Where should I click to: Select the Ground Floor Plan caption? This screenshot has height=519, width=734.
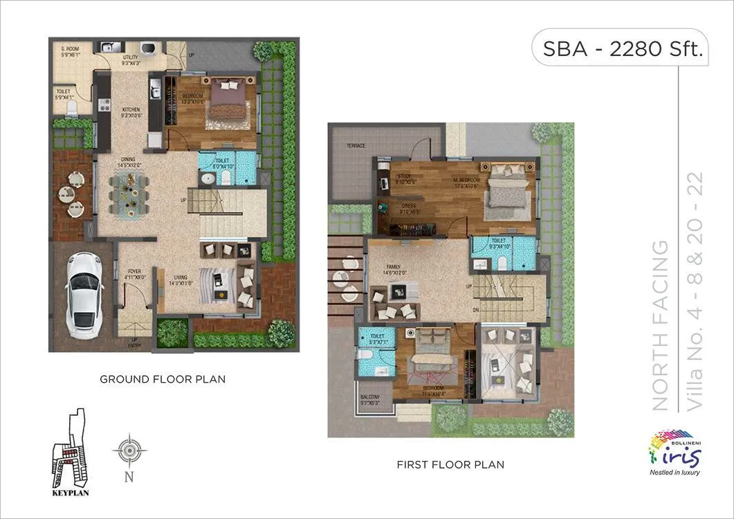(163, 379)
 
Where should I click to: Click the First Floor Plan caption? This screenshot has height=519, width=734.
(450, 464)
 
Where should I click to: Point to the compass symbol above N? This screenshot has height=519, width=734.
(129, 450)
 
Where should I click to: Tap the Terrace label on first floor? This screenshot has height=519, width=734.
(357, 146)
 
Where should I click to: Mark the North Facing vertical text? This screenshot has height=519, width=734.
(661, 325)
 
